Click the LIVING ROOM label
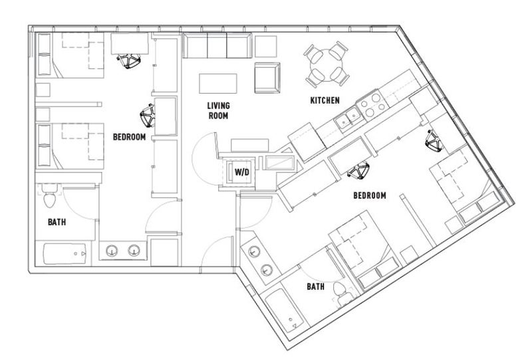click(219, 110)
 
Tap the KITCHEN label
click(325, 100)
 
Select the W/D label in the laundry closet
click(242, 172)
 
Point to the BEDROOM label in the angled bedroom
click(370, 196)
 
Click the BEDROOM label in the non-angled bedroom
click(129, 137)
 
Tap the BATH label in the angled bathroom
click(315, 287)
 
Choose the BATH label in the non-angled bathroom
click(57, 222)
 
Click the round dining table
click(326, 65)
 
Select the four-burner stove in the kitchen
click(372, 103)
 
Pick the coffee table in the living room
click(218, 83)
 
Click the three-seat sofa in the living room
click(217, 45)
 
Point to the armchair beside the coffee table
click(267, 77)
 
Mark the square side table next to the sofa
click(265, 47)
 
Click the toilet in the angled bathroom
click(341, 293)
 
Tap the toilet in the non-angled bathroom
click(50, 196)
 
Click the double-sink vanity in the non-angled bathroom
click(123, 251)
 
